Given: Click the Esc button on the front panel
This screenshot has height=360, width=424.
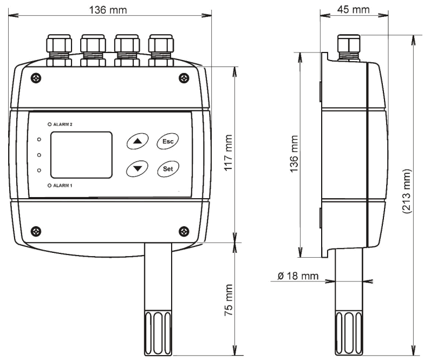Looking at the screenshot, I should click(168, 142).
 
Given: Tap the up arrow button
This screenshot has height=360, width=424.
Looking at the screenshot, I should click(137, 142).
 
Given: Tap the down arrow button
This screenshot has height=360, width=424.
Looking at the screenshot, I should click(137, 168).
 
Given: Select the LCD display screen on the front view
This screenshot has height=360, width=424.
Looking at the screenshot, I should click(81, 155).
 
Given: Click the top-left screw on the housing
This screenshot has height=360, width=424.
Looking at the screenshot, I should click(35, 78).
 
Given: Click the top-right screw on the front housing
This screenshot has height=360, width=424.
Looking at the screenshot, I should click(184, 78).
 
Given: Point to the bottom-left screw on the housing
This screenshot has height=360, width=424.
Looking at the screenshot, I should click(35, 231).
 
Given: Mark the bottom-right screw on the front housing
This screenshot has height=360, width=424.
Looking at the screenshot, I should click(184, 231).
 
